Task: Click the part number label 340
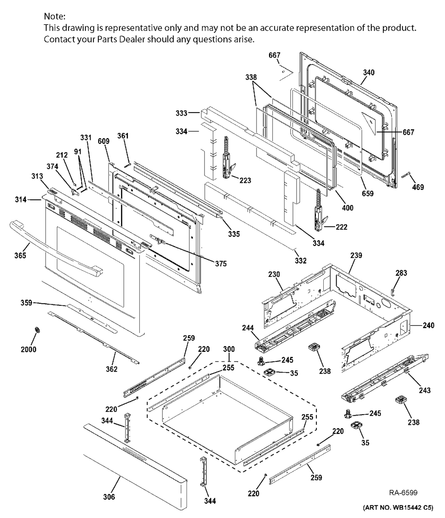pos(368,72)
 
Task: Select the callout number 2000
pos(28,349)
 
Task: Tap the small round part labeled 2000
pos(37,330)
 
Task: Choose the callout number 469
pos(418,187)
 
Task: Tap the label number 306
pos(109,497)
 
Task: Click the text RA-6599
pos(403,492)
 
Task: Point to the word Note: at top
pos(55,16)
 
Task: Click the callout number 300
pos(229,349)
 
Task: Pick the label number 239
pos(356,255)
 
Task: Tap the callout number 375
pos(221,264)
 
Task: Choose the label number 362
pos(111,369)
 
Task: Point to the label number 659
pos(368,193)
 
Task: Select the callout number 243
pos(425,390)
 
